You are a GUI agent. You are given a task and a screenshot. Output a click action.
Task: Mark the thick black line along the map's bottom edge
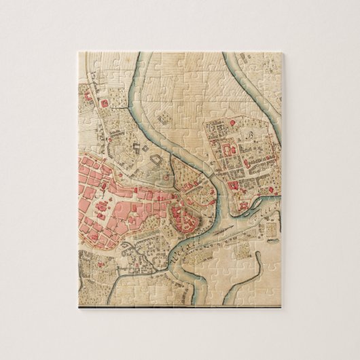coord(180,306)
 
